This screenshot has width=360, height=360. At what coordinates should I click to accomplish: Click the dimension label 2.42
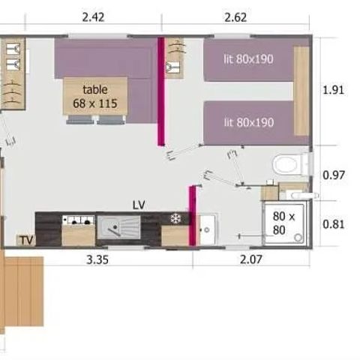point(92,16)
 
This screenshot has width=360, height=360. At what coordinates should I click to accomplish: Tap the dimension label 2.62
point(235,16)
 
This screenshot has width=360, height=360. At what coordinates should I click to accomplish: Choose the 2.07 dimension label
point(251,260)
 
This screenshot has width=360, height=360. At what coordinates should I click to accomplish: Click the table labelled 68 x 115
point(94,96)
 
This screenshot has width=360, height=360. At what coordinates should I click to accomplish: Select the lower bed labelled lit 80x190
point(247,121)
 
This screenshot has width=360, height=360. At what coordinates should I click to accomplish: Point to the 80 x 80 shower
point(285,223)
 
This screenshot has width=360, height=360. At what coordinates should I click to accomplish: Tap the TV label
point(26,240)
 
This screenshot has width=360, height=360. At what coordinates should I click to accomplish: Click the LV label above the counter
point(139,204)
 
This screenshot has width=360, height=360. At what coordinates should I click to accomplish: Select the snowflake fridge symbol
point(175,219)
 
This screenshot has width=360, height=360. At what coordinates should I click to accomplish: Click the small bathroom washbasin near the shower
point(207,225)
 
